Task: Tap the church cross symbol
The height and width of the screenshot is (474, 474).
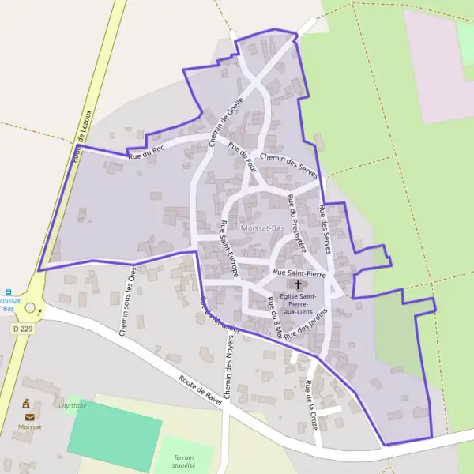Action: [298, 285]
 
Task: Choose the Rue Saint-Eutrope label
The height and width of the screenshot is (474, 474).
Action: [229, 247]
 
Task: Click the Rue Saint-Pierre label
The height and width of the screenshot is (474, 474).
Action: [299, 273]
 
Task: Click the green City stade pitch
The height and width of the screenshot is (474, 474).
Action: [115, 434]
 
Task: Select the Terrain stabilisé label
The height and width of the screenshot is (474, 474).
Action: [183, 461]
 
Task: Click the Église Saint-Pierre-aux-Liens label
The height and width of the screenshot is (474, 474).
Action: [298, 303]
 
